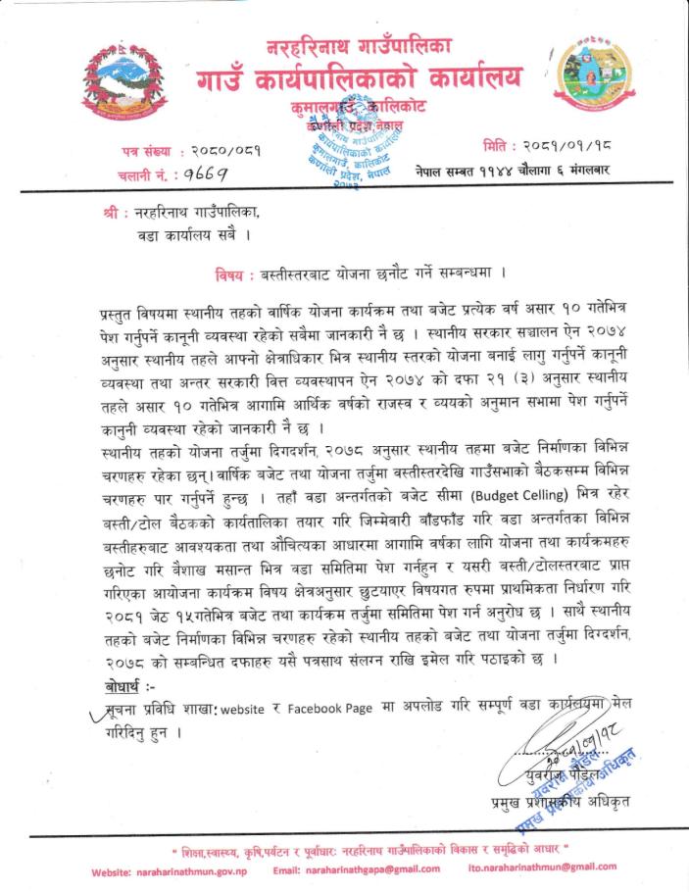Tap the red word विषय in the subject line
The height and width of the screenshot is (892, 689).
coord(233,270)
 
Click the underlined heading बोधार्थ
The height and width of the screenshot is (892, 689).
coord(121,682)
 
